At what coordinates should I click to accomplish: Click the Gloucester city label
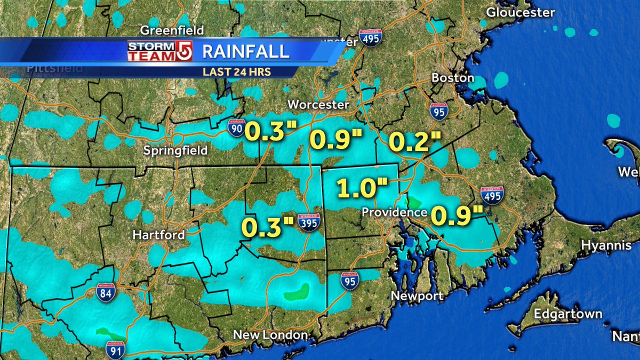tap(521, 12)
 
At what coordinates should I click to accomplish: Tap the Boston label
tap(452, 78)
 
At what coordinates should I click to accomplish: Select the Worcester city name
tap(318, 105)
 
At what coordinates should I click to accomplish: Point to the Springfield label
tap(175, 151)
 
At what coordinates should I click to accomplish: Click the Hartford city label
tap(159, 235)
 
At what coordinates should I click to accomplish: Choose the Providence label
tap(394, 212)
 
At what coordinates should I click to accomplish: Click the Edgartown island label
tap(568, 314)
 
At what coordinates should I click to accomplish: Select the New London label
tap(271, 335)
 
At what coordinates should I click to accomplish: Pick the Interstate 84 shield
tap(106, 293)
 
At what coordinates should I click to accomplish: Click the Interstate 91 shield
tap(115, 349)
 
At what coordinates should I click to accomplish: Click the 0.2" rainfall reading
tap(414, 142)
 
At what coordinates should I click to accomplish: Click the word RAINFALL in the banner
tap(246, 52)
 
